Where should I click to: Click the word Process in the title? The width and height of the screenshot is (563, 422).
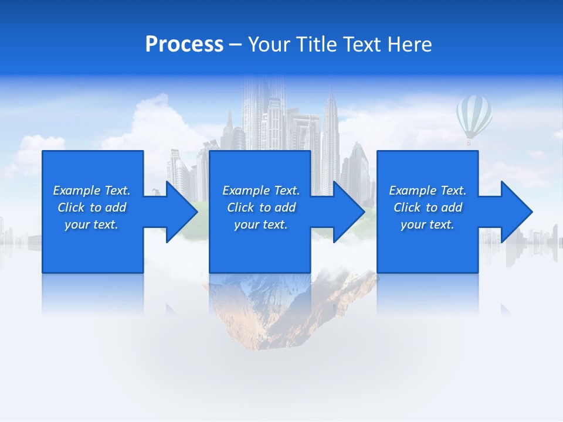coord(184,45)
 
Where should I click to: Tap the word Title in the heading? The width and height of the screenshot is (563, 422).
coord(314,45)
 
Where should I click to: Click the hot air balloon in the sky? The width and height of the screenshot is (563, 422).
coord(474,117)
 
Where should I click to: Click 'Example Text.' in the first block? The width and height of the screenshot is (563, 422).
coord(91,190)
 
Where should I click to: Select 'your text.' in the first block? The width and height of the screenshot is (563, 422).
coord(91,224)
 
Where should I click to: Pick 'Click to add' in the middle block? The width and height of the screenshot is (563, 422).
coord(261,207)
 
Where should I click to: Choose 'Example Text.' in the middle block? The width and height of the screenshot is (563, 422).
coord(261,190)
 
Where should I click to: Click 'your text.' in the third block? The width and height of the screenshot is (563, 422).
coord(428,224)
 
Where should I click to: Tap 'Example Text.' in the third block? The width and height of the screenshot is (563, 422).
coord(428,190)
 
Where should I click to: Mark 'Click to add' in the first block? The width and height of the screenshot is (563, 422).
coord(91,207)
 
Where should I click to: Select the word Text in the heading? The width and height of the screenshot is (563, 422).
coord(361,45)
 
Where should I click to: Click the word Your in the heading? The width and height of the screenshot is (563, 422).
coord(269,45)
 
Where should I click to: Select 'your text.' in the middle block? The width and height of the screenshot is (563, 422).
coord(261,224)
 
